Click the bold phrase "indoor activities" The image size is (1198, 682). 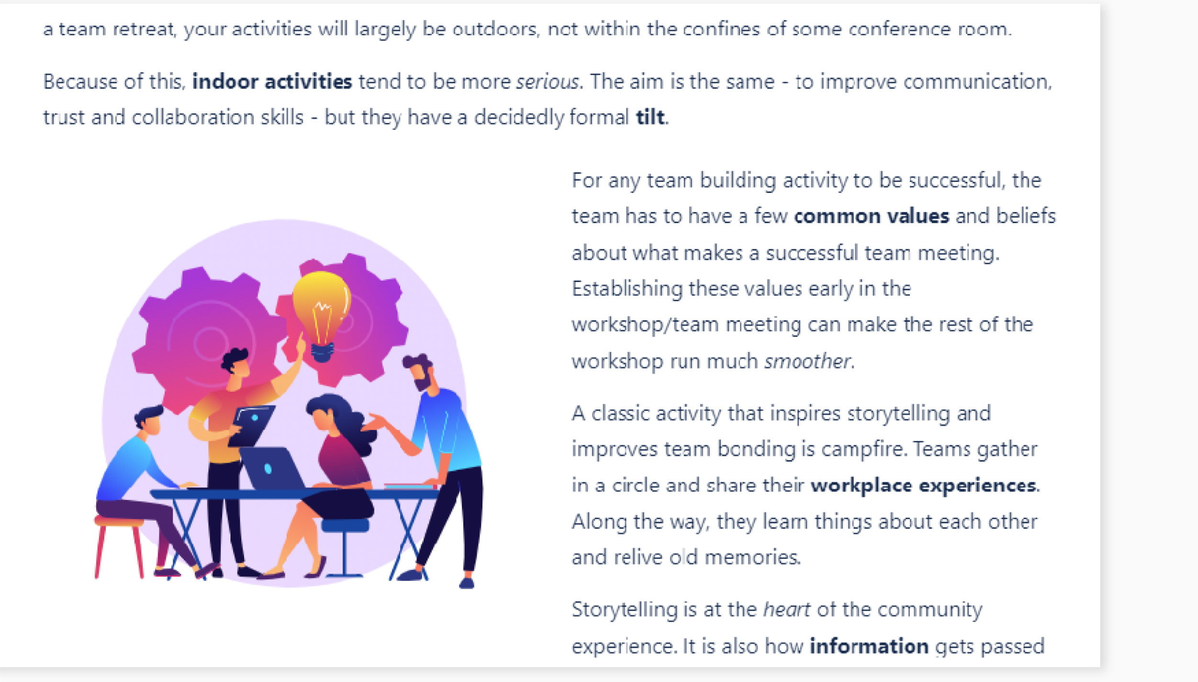point(272,81)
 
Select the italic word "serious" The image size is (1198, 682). point(548,82)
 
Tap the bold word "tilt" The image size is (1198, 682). point(650,117)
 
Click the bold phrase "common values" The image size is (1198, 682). point(871,216)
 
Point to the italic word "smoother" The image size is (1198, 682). point(807,361)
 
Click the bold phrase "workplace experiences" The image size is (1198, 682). point(923,486)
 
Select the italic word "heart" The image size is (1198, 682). point(786,610)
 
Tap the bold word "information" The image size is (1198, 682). point(869,646)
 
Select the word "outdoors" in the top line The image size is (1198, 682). point(496,30)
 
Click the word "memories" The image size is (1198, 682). point(752,557)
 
